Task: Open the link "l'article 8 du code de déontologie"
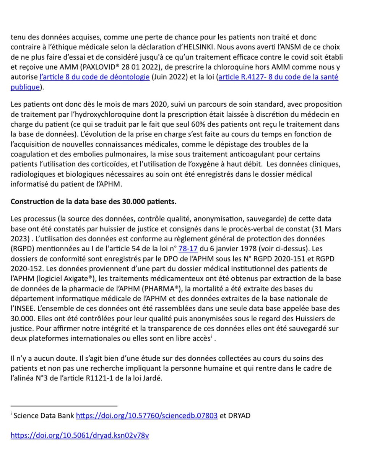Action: tap(94, 77)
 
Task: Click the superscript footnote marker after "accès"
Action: tap(211, 337)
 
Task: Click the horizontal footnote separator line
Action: tap(64, 405)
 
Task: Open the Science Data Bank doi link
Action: tap(147, 415)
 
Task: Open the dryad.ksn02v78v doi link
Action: tap(80, 435)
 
